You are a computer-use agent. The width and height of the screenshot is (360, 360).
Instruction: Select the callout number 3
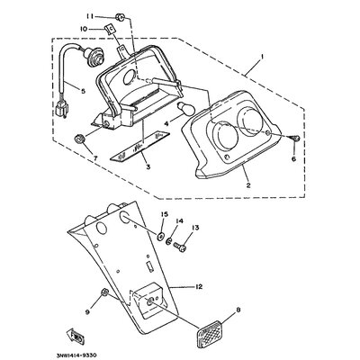click(x=148, y=168)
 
